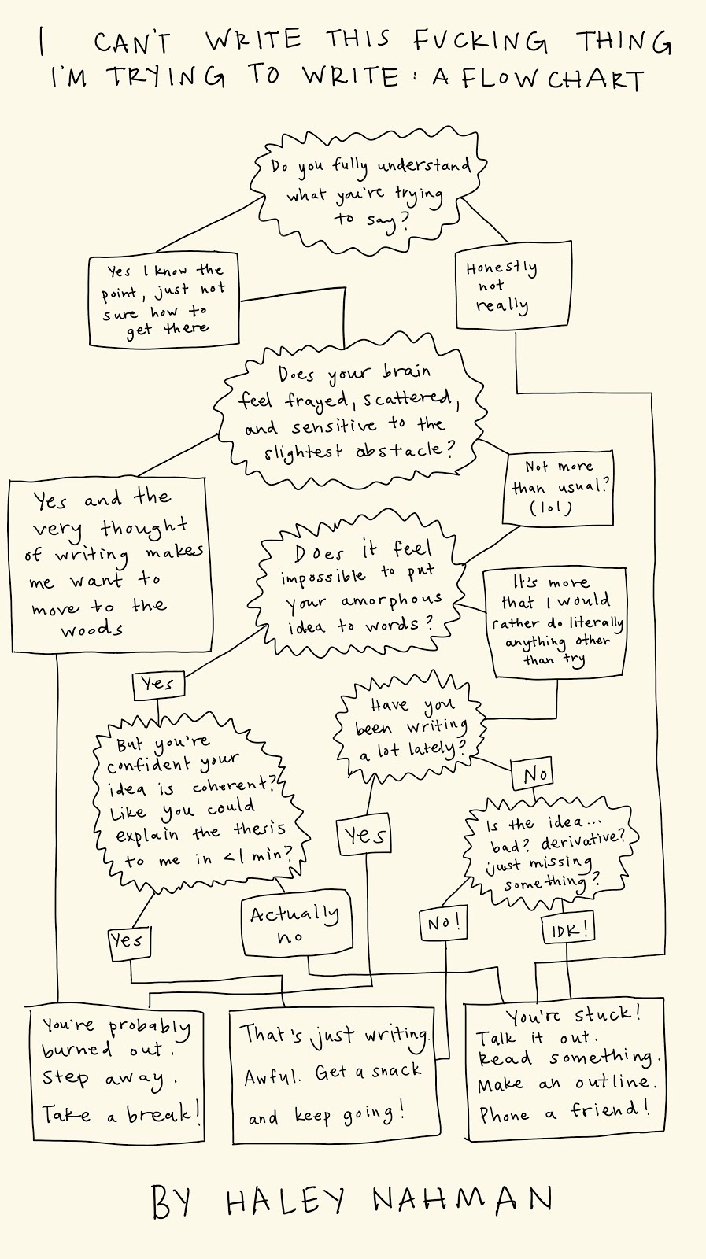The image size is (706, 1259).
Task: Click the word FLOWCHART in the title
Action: point(553,79)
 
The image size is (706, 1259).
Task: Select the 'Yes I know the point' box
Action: point(164,301)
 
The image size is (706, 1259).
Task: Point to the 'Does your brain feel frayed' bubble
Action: point(349,412)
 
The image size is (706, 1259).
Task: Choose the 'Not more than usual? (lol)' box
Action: point(558,488)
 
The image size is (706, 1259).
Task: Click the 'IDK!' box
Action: point(567,929)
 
